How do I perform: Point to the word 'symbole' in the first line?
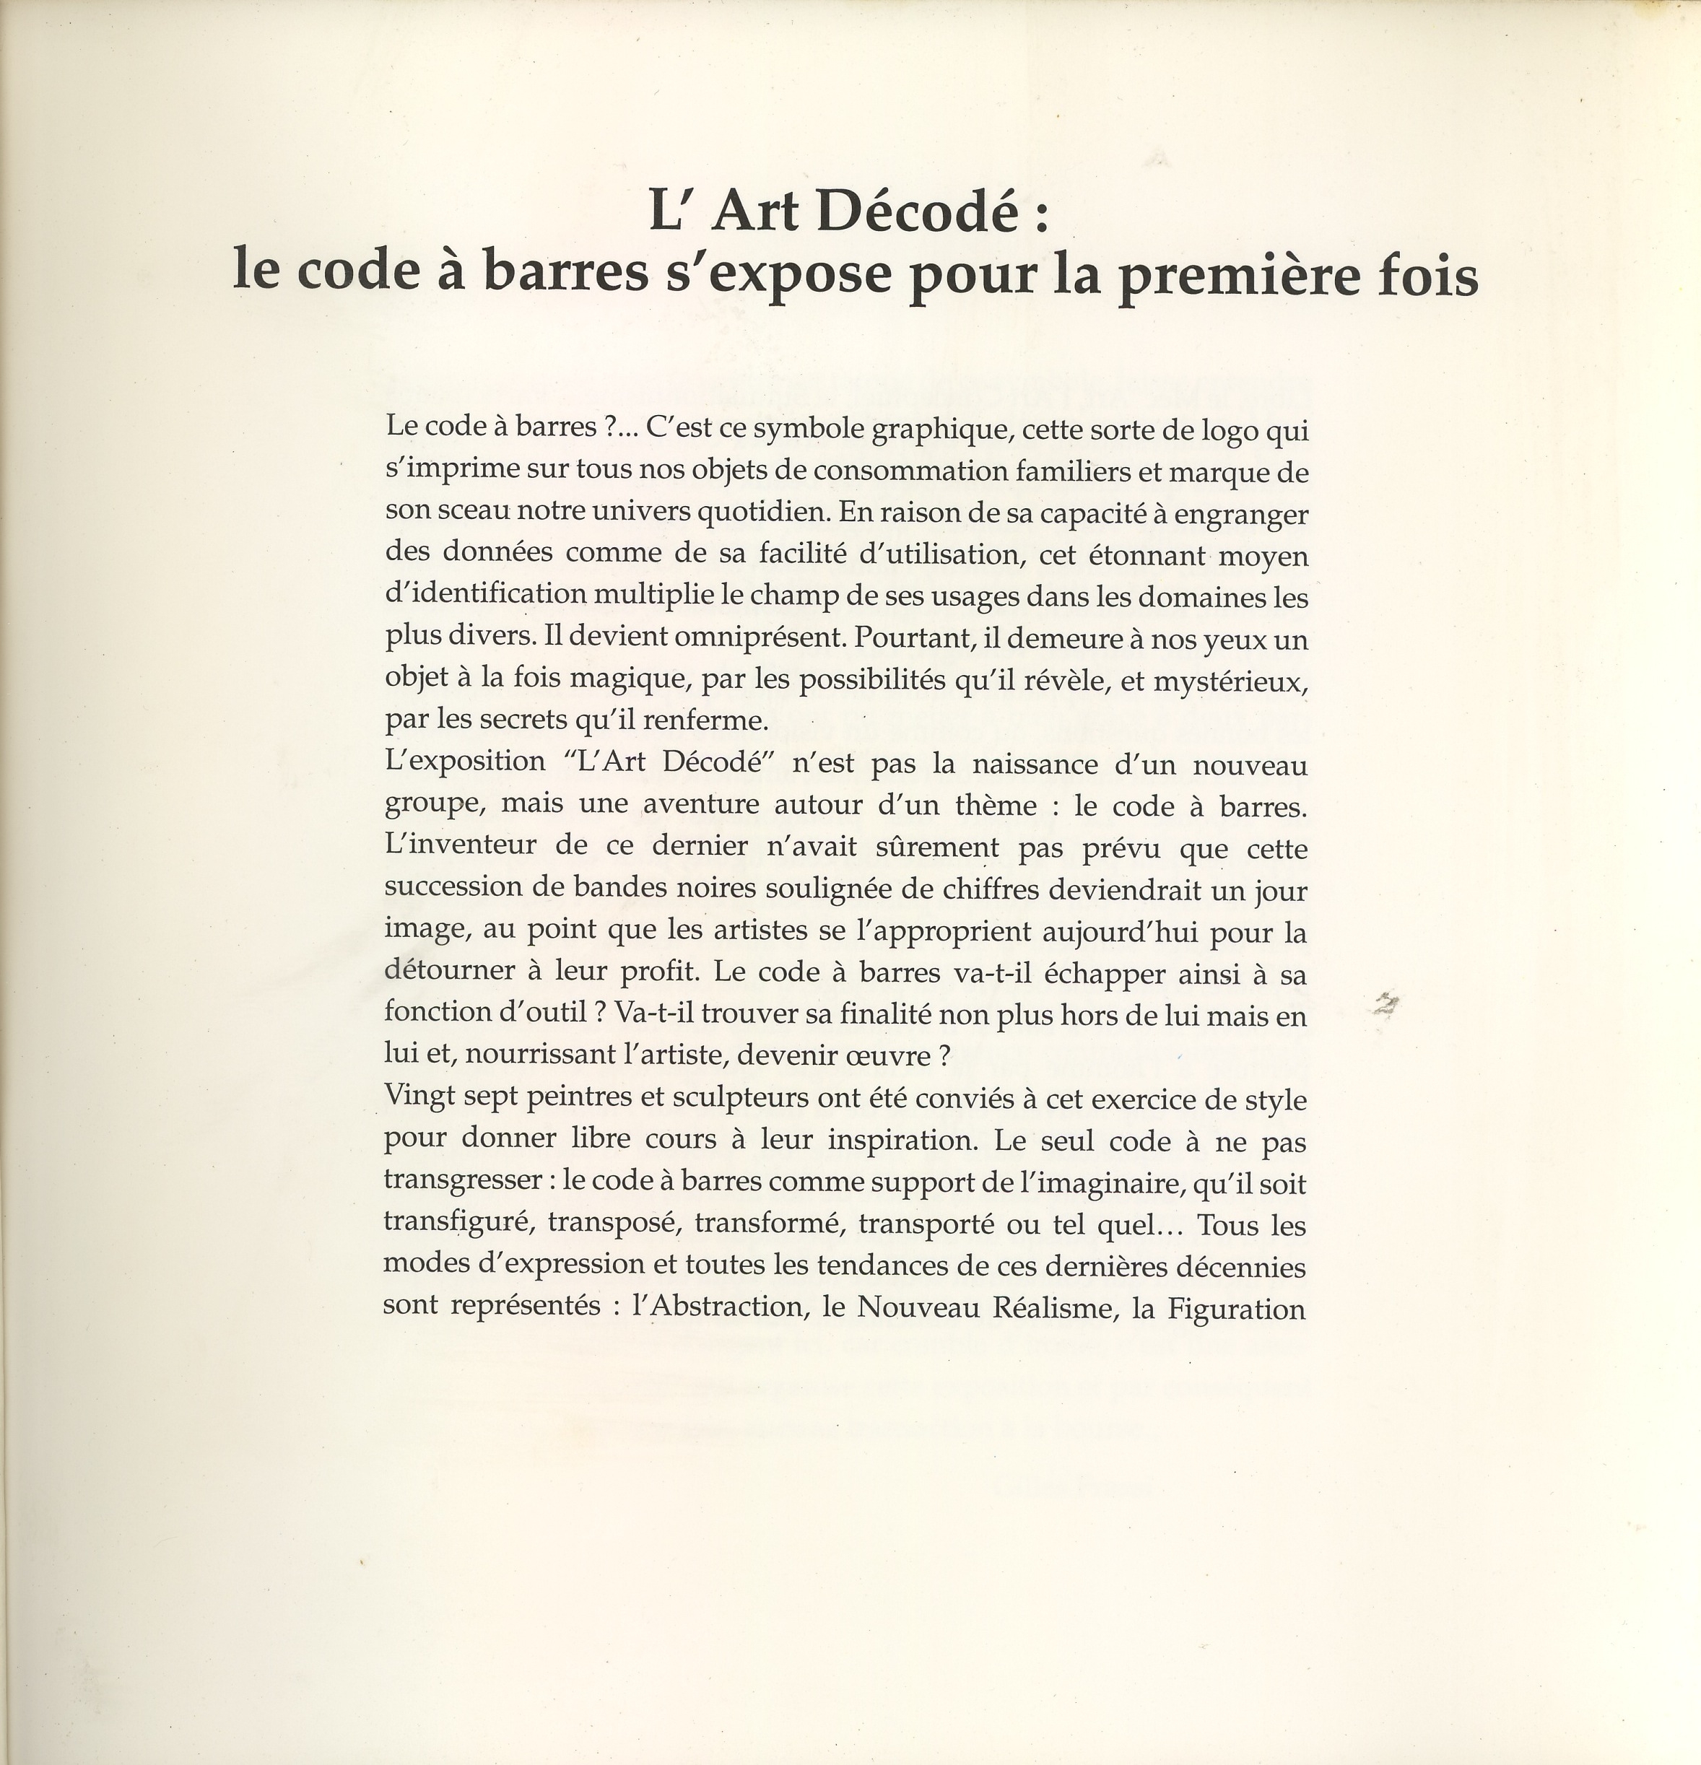[809, 430]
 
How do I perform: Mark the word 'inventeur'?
[473, 845]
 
